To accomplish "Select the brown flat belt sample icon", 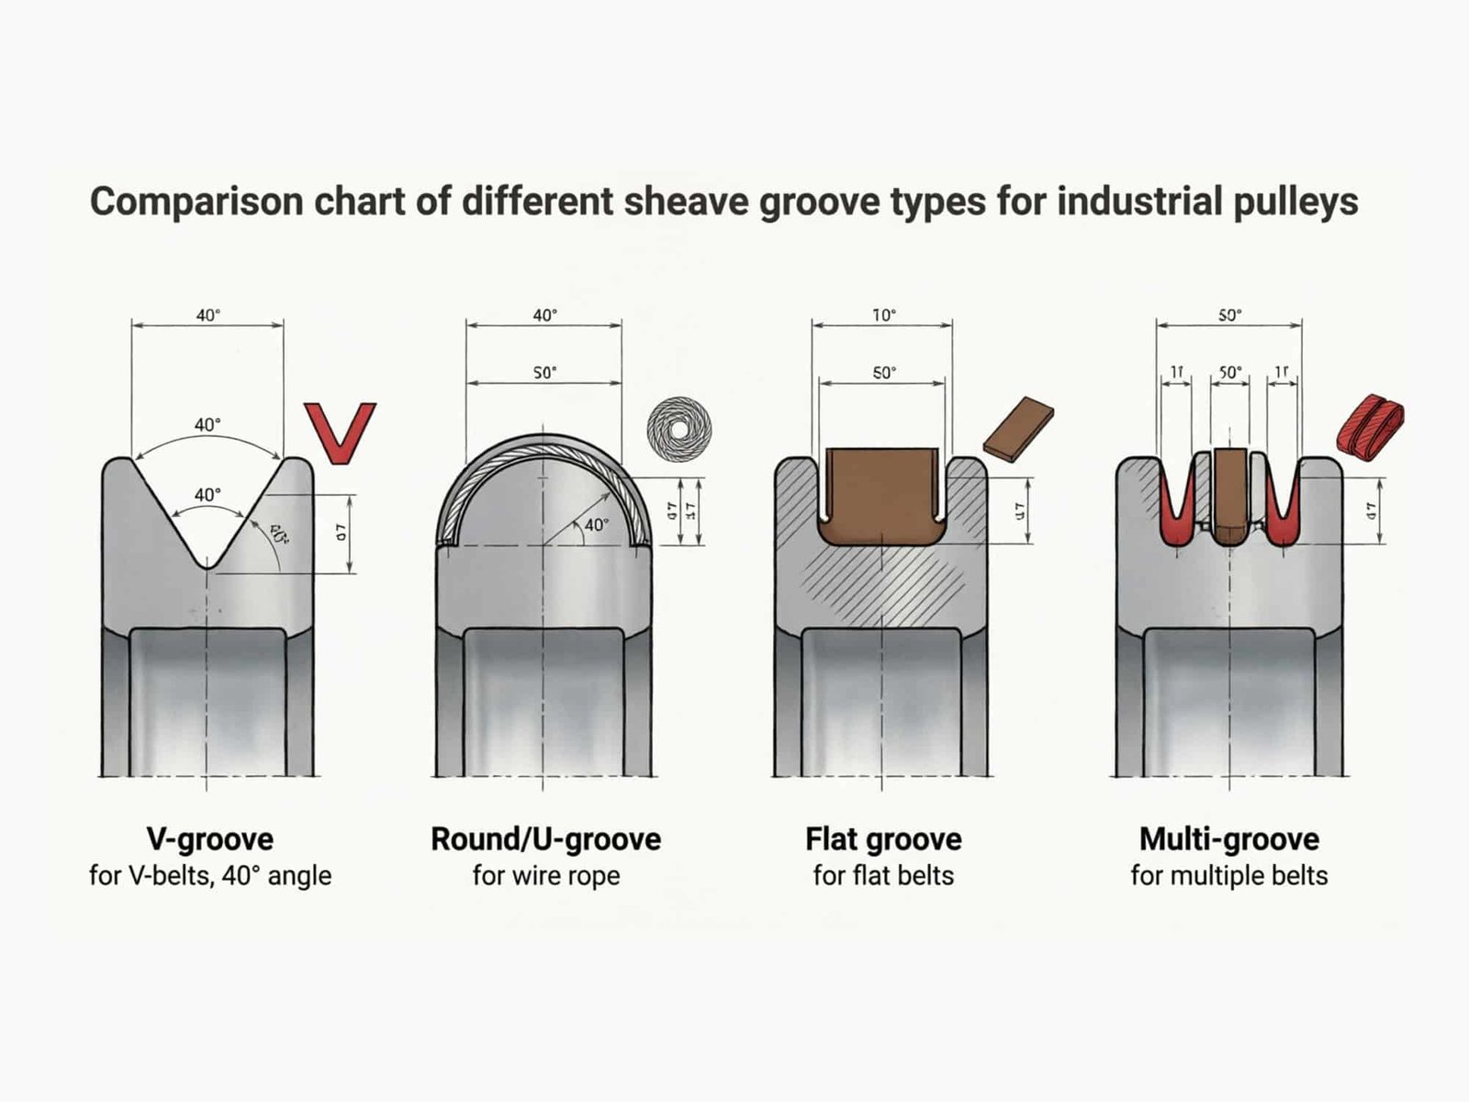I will click(x=1018, y=429).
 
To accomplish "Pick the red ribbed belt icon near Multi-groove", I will click(x=1370, y=424).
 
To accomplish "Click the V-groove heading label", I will click(x=210, y=839).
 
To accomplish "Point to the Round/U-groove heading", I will click(x=545, y=839).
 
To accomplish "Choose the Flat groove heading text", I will click(x=883, y=839).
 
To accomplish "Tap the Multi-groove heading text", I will click(x=1228, y=839).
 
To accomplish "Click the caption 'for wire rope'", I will click(x=545, y=876).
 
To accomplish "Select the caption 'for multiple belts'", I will click(x=1228, y=876).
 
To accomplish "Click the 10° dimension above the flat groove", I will click(x=883, y=316).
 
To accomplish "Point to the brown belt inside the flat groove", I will click(x=881, y=496).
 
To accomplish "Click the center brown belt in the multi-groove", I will click(x=1229, y=496).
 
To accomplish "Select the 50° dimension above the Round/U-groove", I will click(x=545, y=373).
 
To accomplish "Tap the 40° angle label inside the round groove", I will click(x=597, y=525).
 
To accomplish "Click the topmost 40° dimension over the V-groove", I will click(x=208, y=316).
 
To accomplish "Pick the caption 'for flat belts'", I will click(x=883, y=876).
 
